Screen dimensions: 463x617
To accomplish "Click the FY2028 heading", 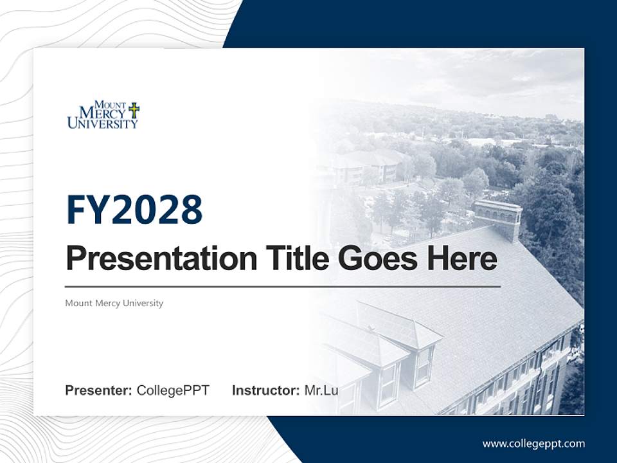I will (134, 210).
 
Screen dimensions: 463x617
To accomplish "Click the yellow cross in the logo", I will (134, 109).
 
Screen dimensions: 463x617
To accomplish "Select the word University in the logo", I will (103, 123).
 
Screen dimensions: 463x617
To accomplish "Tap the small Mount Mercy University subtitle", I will (114, 303).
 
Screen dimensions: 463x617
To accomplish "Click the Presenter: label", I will (99, 390).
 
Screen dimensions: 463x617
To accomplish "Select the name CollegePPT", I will (173, 390).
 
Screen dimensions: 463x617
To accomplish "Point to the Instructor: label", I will (265, 390).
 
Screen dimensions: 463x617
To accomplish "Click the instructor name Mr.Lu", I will (321, 390).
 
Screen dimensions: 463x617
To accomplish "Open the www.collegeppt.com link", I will (533, 444).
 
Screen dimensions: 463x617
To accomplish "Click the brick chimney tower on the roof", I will (497, 219).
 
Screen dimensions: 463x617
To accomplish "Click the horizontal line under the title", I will (283, 286).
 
